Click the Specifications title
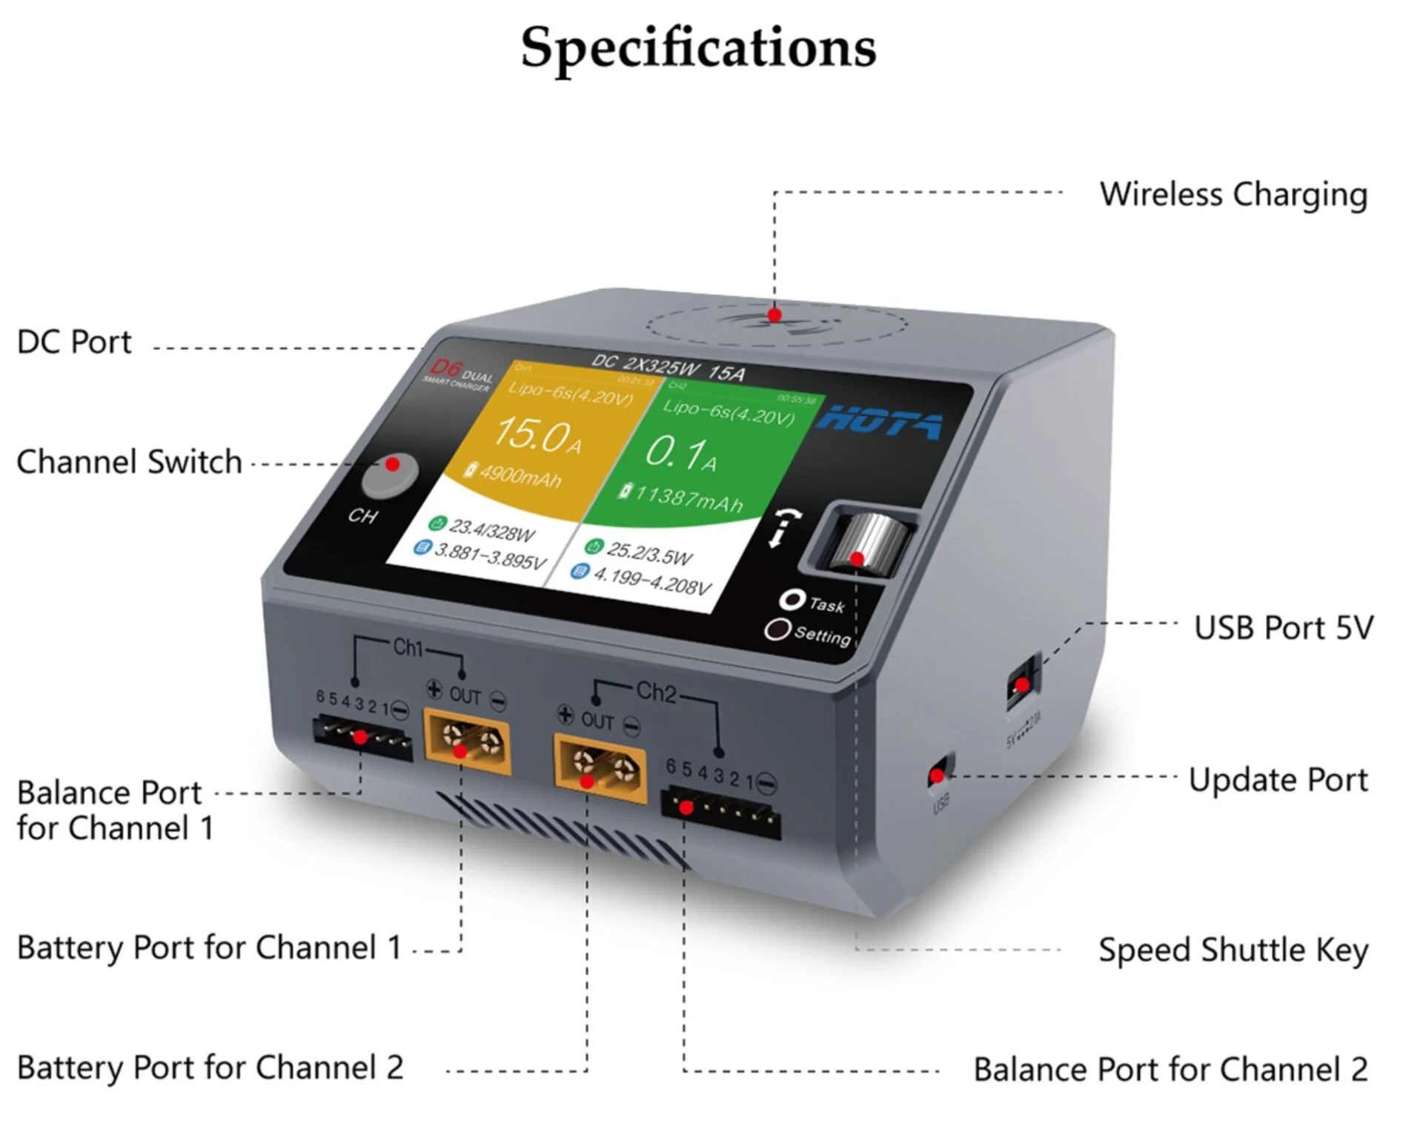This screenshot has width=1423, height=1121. tap(698, 47)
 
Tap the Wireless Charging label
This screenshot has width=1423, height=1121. tap(1233, 195)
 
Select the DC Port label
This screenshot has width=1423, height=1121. tap(74, 343)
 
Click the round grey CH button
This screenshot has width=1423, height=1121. tap(390, 475)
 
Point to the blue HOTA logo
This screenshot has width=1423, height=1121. tap(880, 423)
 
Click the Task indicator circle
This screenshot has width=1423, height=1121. tap(792, 599)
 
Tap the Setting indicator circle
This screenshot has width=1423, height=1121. tap(777, 629)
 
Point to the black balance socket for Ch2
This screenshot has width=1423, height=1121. tap(720, 814)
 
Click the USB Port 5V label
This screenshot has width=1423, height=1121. tap(1284, 628)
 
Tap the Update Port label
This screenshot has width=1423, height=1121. tap(1278, 781)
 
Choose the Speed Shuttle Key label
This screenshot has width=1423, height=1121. tap(1233, 950)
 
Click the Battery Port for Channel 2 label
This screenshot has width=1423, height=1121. tap(210, 1068)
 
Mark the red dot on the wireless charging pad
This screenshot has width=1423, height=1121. tap(774, 315)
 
